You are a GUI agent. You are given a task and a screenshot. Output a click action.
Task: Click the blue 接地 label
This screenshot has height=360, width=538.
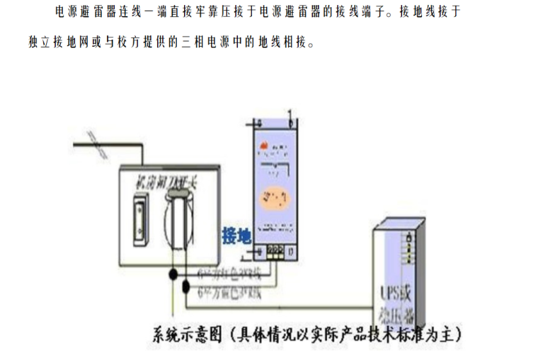(x=236, y=236)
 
